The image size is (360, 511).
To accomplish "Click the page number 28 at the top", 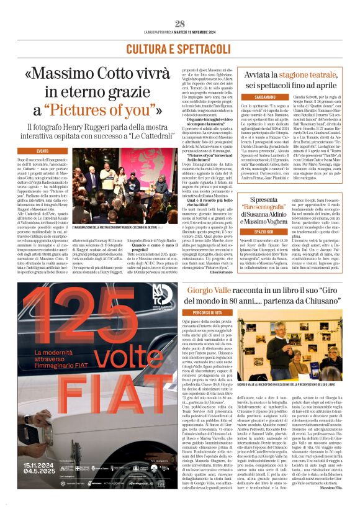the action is coord(180,24).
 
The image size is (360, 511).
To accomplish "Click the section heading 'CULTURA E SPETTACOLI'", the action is coord(180,48).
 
